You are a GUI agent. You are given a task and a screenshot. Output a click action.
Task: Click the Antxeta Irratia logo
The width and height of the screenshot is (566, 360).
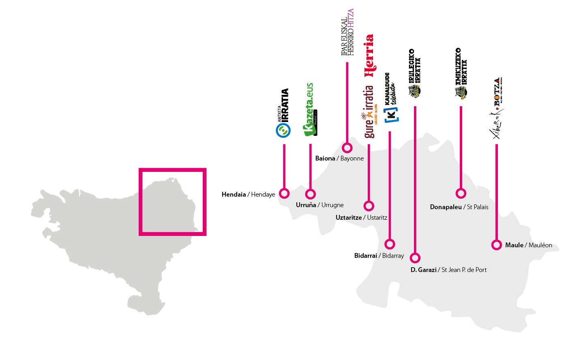[x=283, y=114]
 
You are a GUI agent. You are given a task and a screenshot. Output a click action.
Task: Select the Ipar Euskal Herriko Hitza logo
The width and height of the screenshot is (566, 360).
[x=347, y=32]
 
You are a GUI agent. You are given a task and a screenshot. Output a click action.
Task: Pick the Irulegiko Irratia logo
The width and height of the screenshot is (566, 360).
[x=414, y=73]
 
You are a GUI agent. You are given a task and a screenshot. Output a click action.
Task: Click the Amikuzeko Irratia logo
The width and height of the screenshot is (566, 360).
[x=461, y=73]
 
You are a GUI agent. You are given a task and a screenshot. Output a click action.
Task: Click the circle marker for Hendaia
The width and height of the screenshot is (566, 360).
[x=285, y=193]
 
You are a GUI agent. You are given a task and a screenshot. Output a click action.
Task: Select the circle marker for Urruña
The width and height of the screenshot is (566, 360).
[x=311, y=194]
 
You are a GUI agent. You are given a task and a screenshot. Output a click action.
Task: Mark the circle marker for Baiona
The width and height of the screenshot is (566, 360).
[x=347, y=148]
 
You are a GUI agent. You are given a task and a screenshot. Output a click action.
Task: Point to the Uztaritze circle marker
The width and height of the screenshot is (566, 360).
[x=369, y=206]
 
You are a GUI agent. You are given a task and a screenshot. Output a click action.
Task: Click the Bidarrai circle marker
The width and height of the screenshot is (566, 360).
[x=390, y=244]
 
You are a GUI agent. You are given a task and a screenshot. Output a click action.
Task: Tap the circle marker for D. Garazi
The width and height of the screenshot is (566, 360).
[x=415, y=258]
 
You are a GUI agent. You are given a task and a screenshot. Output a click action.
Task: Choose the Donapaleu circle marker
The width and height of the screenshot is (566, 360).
[x=461, y=193]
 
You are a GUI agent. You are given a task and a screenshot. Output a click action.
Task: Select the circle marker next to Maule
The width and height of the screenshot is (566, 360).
[x=497, y=245]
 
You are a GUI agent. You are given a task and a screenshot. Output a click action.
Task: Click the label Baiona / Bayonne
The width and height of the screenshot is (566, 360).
[x=339, y=159]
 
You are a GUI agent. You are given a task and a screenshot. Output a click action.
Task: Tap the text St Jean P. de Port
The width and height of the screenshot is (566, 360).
[x=464, y=270]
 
